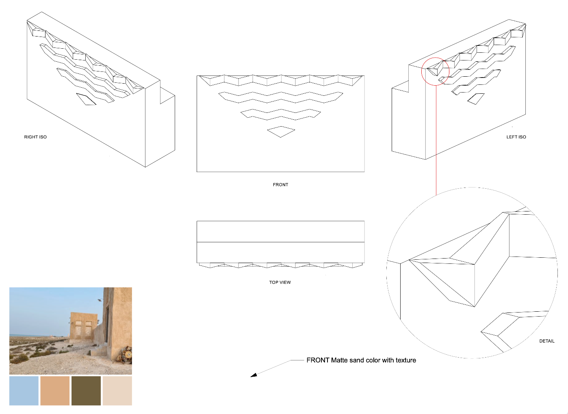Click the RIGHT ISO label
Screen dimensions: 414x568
(x=35, y=137)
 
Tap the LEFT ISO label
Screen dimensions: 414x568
(x=516, y=137)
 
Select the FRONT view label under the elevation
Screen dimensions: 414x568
(x=280, y=185)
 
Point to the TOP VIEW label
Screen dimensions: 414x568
(x=280, y=282)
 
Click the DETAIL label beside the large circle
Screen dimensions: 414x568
(x=547, y=341)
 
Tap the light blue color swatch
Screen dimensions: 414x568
(x=24, y=390)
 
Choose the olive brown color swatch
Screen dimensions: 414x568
(x=86, y=390)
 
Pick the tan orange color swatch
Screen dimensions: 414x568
(x=55, y=390)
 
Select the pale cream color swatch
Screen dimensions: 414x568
(x=117, y=390)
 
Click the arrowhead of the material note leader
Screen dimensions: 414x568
(x=254, y=375)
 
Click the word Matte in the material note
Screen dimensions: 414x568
(x=339, y=360)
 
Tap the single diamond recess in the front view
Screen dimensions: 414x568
(x=281, y=132)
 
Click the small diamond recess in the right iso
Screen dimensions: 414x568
(x=86, y=99)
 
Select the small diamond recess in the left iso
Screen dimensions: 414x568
(x=476, y=99)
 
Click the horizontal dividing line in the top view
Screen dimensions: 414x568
(x=280, y=242)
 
